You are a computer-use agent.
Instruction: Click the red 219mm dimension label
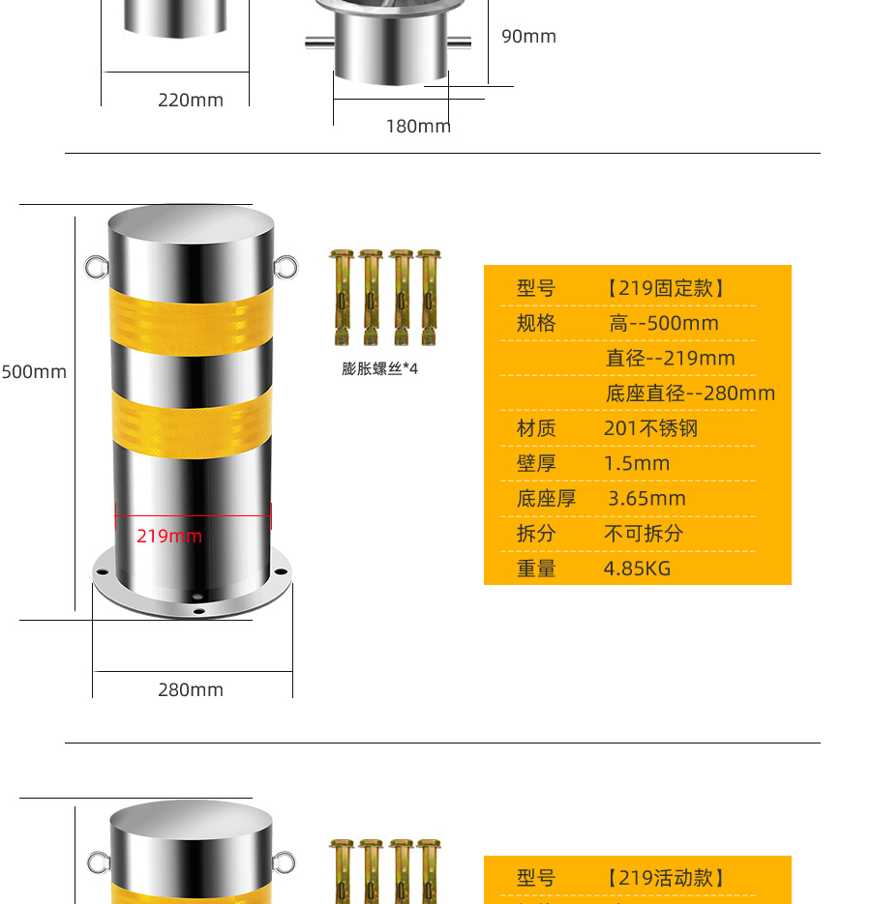click(x=169, y=537)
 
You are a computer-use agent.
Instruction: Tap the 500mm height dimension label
click(x=34, y=372)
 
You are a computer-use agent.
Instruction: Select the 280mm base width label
click(x=191, y=689)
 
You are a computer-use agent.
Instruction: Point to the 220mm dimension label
click(x=191, y=100)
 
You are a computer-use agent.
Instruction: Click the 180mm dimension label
click(x=418, y=127)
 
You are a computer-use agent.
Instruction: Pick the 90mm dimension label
click(x=528, y=37)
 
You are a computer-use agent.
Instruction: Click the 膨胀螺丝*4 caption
click(x=379, y=368)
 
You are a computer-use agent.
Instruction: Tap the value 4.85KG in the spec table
click(x=637, y=569)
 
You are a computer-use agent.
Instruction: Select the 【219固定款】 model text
click(x=666, y=288)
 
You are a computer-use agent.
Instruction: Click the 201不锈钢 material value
click(x=651, y=428)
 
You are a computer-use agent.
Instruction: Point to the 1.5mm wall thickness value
click(x=637, y=463)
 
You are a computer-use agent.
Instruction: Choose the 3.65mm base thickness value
click(x=647, y=499)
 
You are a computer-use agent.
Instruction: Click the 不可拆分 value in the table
click(x=644, y=534)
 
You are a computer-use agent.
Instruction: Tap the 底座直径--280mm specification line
click(x=690, y=394)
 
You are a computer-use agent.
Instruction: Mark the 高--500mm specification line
click(x=664, y=324)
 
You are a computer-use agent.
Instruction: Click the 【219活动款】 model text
click(x=666, y=878)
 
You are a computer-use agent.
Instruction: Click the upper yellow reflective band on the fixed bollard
click(x=191, y=322)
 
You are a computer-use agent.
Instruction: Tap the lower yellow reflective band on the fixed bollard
click(x=192, y=424)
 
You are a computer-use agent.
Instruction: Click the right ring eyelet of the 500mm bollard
click(x=285, y=267)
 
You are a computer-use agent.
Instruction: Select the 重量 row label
click(x=536, y=569)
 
